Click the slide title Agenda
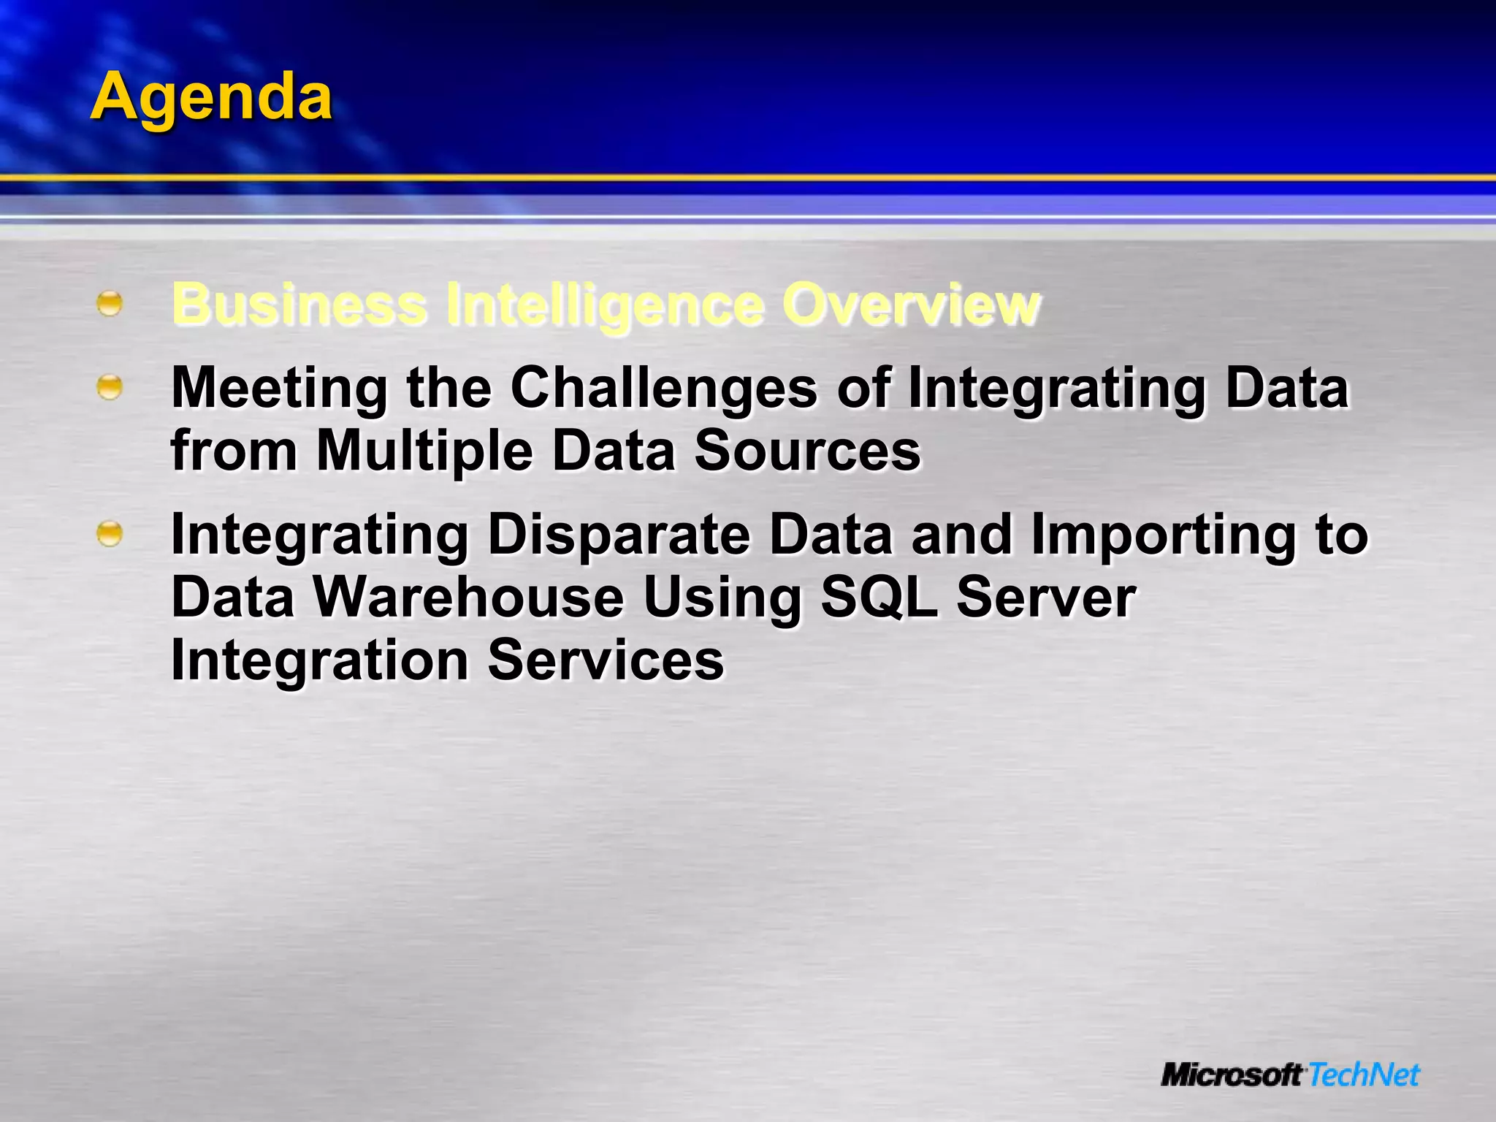click(211, 97)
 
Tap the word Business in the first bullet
click(299, 305)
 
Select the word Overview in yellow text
click(911, 305)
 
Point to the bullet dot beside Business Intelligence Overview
click(110, 303)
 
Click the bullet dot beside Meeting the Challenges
click(110, 387)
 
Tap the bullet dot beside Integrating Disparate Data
click(110, 534)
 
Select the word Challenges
click(663, 388)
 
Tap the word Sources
click(807, 451)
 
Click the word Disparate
click(619, 535)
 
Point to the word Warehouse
click(469, 598)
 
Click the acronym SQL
click(879, 598)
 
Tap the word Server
click(1045, 598)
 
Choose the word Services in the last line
click(605, 660)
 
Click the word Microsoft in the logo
click(1232, 1075)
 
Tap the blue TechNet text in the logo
click(1363, 1075)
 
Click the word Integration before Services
click(319, 660)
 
